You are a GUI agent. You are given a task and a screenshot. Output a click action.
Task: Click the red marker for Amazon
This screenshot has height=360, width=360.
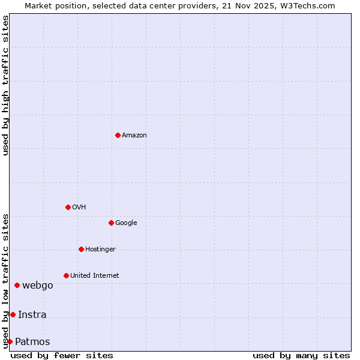click(118, 135)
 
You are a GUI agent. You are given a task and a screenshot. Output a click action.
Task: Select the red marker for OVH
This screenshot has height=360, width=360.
click(68, 207)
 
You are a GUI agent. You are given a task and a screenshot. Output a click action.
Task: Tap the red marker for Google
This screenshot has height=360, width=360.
click(111, 223)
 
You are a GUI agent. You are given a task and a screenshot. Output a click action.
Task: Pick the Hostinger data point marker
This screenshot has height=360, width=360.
click(81, 249)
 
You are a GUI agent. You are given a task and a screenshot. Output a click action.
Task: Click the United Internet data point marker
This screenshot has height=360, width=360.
click(66, 275)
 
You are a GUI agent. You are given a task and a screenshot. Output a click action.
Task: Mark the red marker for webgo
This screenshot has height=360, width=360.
click(17, 285)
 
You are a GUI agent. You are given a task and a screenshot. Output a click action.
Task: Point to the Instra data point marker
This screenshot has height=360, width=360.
click(13, 314)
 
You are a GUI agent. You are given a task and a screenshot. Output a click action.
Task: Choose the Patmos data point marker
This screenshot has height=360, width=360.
click(10, 341)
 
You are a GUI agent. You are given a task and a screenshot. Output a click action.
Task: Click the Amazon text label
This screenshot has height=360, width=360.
click(134, 136)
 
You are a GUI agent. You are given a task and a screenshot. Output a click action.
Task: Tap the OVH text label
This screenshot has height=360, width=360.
click(79, 208)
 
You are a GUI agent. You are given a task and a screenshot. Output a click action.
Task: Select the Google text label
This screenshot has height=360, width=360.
click(126, 223)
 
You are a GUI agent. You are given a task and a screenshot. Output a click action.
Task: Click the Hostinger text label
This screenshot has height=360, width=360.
click(100, 250)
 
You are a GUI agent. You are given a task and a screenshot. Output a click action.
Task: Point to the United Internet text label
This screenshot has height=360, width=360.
click(94, 276)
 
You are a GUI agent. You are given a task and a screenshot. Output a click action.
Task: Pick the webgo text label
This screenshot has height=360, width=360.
click(37, 286)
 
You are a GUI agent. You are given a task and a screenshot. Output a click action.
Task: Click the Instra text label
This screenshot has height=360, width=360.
click(32, 315)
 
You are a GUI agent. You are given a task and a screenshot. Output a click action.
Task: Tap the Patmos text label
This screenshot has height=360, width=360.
click(32, 342)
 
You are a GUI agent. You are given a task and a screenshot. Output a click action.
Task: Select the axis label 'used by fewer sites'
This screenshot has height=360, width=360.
click(62, 355)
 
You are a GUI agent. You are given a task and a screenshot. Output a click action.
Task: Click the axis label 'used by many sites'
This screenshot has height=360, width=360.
click(301, 355)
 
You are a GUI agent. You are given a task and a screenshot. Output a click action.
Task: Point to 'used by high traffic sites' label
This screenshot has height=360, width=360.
click(5, 85)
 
